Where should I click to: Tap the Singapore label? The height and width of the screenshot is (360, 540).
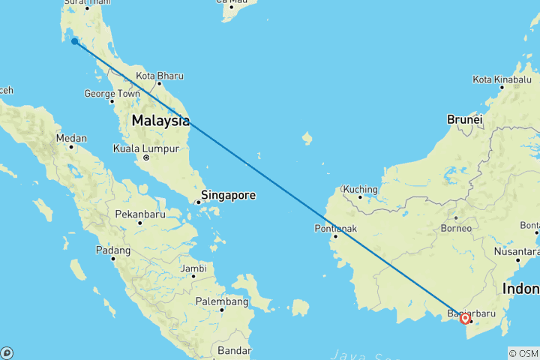(228, 195)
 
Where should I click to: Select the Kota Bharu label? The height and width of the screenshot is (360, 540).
(160, 76)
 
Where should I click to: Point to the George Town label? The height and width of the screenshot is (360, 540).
(112, 94)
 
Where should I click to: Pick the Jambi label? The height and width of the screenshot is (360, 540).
(193, 268)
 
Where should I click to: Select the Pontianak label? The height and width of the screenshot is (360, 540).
(334, 228)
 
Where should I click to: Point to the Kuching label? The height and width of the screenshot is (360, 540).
(359, 189)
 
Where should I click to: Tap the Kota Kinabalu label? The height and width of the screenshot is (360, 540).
(502, 79)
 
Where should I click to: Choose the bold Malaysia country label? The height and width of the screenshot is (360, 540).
(160, 120)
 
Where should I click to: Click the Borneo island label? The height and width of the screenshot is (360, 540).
(457, 228)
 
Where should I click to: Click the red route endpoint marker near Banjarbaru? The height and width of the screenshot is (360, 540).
(465, 319)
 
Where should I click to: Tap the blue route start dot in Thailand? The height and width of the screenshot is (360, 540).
(74, 41)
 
